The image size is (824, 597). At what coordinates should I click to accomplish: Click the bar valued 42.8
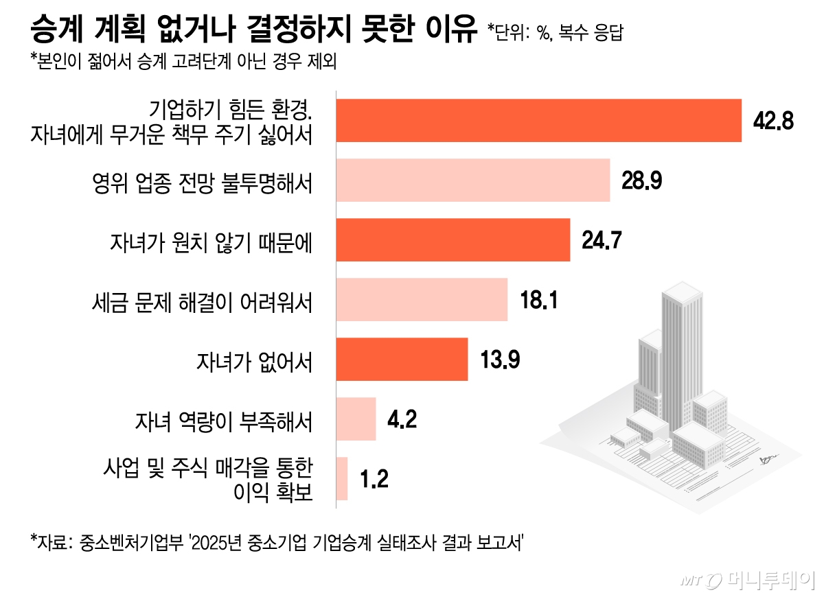point(538,121)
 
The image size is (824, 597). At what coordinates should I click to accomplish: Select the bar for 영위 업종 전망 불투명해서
point(472,180)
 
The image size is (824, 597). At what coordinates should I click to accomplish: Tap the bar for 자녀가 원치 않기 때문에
point(453,240)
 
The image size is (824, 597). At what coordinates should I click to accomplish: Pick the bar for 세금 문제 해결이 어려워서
point(421,300)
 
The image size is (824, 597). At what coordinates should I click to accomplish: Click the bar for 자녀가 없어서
point(401,359)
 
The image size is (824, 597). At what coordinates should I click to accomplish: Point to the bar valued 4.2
point(356,419)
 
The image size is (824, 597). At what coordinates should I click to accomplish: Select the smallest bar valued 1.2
point(342,478)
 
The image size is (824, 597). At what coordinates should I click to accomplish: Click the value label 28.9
point(641,180)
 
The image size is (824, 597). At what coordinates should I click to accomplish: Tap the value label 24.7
point(601,240)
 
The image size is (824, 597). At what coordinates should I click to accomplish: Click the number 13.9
point(499,359)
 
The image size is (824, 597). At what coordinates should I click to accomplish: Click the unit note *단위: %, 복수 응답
point(555,33)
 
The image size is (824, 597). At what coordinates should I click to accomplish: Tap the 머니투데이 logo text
point(769,580)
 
